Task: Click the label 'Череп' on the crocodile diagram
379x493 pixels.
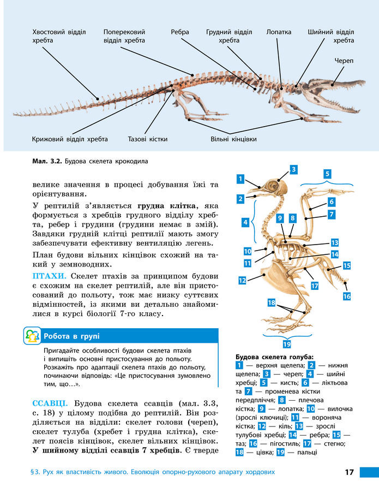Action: [344, 61]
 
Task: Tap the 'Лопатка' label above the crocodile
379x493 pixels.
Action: [279, 32]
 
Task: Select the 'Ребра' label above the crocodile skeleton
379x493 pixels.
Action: [180, 32]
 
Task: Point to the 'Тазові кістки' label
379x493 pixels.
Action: [148, 139]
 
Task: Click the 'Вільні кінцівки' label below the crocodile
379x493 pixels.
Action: [233, 139]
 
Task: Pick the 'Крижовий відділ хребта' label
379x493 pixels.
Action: [70, 139]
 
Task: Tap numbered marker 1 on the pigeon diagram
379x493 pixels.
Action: [240, 179]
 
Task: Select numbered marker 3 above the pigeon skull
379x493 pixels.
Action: [293, 169]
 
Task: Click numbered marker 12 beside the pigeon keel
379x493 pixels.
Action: [242, 280]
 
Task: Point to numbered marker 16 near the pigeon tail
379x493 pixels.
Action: [347, 296]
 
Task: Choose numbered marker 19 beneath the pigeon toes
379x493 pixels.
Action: [287, 344]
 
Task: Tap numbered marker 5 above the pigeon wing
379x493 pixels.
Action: [327, 174]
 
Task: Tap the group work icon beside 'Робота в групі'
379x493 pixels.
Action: [32, 336]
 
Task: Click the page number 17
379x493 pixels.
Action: [350, 472]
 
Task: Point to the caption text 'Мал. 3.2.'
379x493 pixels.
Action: [47, 162]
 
